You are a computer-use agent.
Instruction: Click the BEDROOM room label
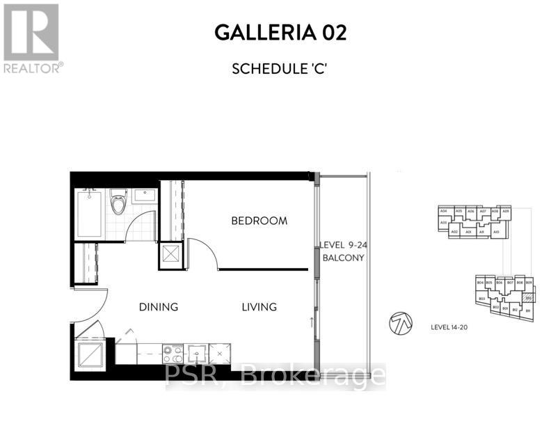coord(259,221)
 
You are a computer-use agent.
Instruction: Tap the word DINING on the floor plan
coord(158,306)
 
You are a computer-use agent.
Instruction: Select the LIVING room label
coord(259,306)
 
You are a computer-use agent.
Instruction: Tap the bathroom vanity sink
coord(144,196)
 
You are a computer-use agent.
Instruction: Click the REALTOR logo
coord(32,38)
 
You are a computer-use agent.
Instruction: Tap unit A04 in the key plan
coord(443,211)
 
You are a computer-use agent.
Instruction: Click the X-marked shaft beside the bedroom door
coord(170,254)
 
